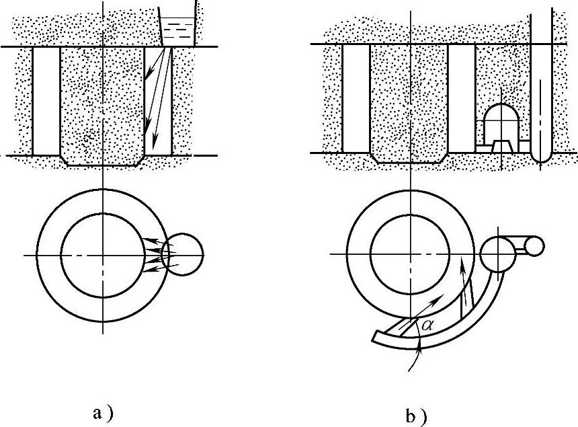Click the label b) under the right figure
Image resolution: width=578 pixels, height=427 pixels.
(x=415, y=414)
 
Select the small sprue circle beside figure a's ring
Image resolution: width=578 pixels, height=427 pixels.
(x=183, y=254)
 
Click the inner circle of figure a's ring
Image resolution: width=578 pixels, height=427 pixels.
(x=101, y=254)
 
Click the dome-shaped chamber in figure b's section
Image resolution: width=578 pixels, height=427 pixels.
(x=502, y=120)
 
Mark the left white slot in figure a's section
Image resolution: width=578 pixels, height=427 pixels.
(x=46, y=101)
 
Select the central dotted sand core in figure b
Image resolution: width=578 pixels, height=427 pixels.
(x=409, y=101)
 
